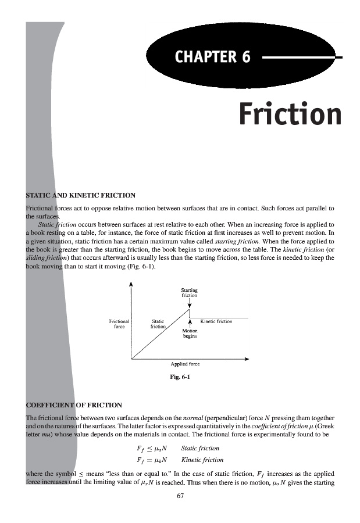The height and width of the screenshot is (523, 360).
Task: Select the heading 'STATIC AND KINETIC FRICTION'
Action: [x=81, y=195]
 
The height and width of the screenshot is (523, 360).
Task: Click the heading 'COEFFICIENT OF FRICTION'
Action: [x=74, y=404]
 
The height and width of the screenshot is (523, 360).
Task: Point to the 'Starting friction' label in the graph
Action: [x=190, y=293]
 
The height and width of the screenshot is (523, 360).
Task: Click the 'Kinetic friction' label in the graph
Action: [x=216, y=321]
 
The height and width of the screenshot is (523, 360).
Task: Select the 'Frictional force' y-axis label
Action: [x=119, y=324]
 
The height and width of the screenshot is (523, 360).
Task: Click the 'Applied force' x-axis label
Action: [x=185, y=364]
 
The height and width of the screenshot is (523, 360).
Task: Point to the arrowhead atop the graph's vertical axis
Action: [x=131, y=284]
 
